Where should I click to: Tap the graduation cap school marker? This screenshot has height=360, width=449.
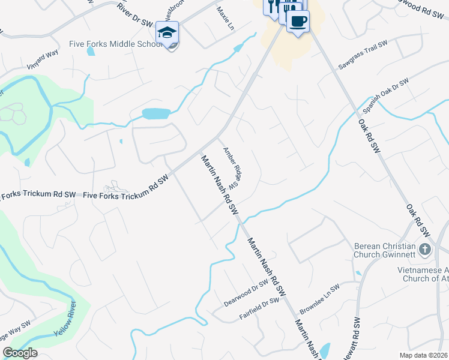click(167, 32)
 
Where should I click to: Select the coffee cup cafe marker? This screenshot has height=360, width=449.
click(298, 22)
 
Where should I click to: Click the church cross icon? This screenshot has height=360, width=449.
click(425, 249)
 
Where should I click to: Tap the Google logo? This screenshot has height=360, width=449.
click(20, 353)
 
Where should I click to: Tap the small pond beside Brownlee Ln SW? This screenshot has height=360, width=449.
click(325, 350)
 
